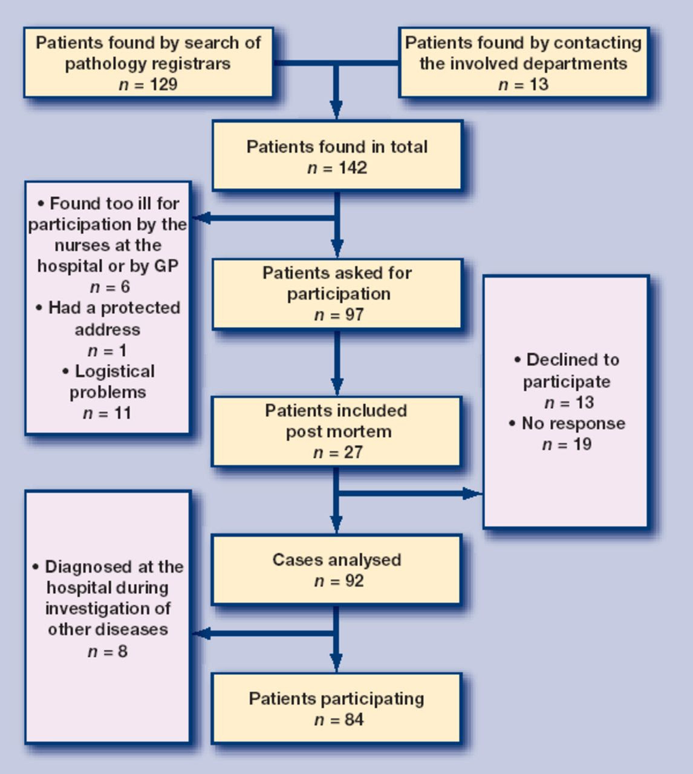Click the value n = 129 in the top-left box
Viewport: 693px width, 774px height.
[x=148, y=84]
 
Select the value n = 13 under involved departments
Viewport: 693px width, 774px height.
[x=523, y=84]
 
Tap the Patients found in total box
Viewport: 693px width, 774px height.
[x=337, y=155]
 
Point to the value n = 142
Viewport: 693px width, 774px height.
[x=337, y=167]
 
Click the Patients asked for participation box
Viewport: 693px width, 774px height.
[x=337, y=294]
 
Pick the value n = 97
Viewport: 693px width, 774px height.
[x=339, y=314]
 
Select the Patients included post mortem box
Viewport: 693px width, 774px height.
[x=337, y=431]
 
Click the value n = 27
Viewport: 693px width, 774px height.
[x=338, y=452]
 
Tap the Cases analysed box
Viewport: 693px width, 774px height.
[x=337, y=569]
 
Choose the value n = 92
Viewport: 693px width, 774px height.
[x=339, y=581]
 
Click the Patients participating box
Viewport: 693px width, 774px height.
[x=337, y=708]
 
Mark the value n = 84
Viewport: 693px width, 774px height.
[x=339, y=720]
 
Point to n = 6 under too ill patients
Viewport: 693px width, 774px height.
[x=109, y=287]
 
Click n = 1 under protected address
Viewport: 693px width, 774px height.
[x=107, y=350]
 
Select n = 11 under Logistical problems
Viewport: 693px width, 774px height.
[x=107, y=413]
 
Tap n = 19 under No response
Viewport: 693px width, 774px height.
[x=567, y=444]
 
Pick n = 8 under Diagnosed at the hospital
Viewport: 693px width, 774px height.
[x=108, y=651]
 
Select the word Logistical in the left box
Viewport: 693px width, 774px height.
[x=114, y=371]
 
